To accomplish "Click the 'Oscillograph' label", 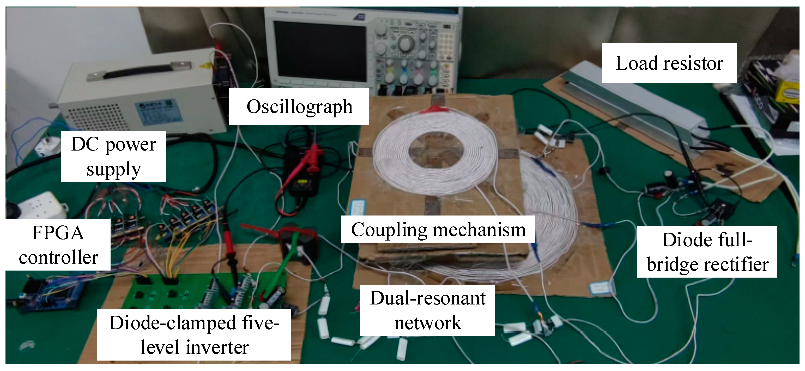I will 299,107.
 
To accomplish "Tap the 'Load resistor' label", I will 669,63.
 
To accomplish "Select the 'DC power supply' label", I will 113,156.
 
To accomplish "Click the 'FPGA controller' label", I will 58,245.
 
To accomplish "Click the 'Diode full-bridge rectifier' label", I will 707,252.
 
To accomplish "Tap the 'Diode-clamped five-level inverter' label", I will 194,335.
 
